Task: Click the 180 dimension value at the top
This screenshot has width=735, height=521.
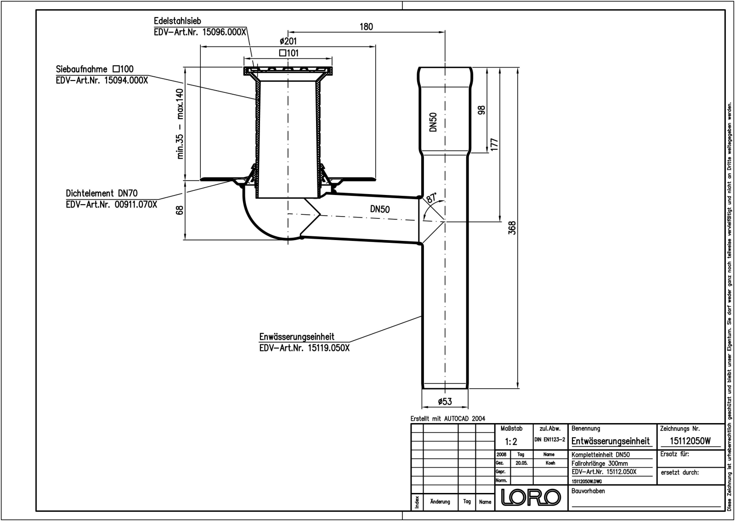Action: click(366, 27)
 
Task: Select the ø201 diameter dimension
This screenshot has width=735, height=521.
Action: click(288, 41)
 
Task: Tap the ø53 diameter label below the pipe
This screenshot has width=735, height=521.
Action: click(445, 401)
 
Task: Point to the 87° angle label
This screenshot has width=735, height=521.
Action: click(431, 198)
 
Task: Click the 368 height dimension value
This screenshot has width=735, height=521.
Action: click(512, 228)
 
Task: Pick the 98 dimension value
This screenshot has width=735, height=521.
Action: click(481, 110)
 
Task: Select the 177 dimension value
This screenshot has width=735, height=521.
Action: click(494, 144)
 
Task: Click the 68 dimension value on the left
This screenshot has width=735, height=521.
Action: click(180, 210)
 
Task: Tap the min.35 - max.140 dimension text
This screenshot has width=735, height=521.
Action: click(180, 124)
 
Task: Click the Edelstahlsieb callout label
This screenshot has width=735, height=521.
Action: click(177, 21)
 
